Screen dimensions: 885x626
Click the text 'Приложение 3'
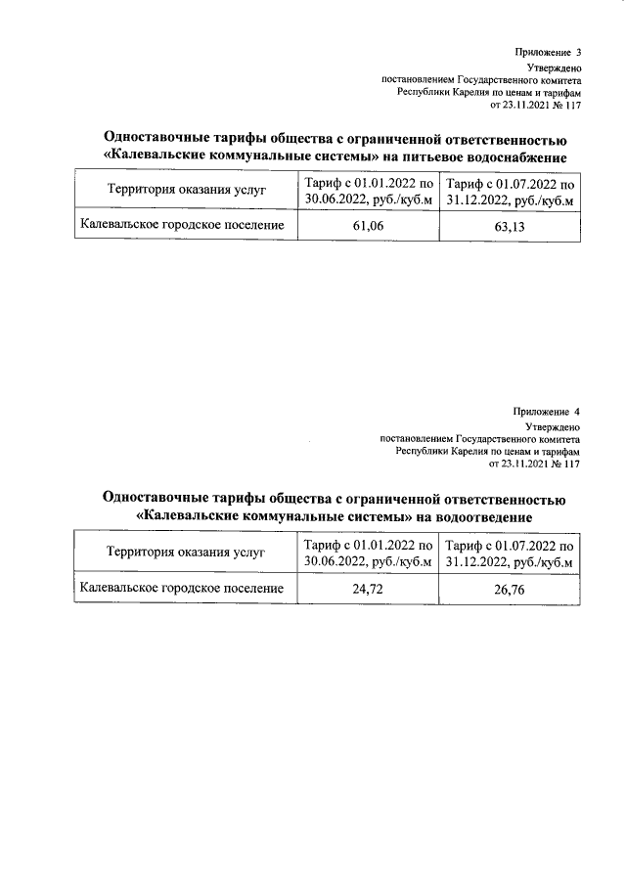click(x=548, y=52)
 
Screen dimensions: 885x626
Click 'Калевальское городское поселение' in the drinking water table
click(x=183, y=226)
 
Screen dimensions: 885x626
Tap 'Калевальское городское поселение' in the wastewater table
click(x=183, y=589)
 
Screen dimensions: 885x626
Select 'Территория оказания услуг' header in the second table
click(x=186, y=553)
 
